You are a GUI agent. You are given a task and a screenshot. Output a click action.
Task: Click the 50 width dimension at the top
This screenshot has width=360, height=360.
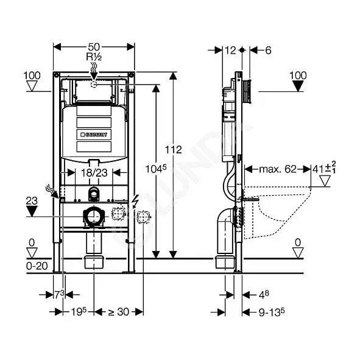pyautogui.click(x=94, y=47)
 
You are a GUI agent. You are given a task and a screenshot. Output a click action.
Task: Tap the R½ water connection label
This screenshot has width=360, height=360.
pyautogui.click(x=94, y=57)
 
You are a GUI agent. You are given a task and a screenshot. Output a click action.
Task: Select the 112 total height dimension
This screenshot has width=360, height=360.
pyautogui.click(x=174, y=150)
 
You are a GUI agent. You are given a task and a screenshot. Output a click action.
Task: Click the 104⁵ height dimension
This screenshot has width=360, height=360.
pyautogui.click(x=156, y=169)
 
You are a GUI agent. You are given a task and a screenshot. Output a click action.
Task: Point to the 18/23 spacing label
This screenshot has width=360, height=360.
pyautogui.click(x=94, y=172)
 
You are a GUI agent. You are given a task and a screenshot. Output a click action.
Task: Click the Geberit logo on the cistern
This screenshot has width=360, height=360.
pyautogui.click(x=94, y=135)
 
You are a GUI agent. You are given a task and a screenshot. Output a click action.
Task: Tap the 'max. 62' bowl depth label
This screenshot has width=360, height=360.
pyautogui.click(x=278, y=169)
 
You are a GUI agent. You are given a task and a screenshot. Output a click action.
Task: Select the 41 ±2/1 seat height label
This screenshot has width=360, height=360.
pyautogui.click(x=324, y=168)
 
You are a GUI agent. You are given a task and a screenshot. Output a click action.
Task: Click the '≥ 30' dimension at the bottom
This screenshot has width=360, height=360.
pyautogui.click(x=118, y=312)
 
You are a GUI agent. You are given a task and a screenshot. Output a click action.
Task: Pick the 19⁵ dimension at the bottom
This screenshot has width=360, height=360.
pyautogui.click(x=79, y=311)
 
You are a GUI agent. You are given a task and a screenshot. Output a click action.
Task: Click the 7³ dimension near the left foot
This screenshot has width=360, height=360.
pyautogui.click(x=60, y=295)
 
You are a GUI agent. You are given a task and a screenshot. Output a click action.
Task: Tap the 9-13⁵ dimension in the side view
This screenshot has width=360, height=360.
pyautogui.click(x=272, y=312)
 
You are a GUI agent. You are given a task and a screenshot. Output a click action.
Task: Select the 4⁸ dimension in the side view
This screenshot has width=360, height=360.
pyautogui.click(x=264, y=295)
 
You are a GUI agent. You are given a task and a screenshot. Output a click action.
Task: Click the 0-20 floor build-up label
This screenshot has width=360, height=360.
pyautogui.click(x=37, y=266)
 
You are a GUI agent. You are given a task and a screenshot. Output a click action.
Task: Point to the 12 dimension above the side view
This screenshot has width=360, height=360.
pyautogui.click(x=230, y=51)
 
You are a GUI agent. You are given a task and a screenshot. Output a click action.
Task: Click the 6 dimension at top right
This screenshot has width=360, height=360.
pyautogui.click(x=268, y=51)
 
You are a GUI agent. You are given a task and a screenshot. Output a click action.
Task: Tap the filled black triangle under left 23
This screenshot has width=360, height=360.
pyautogui.click(x=32, y=211)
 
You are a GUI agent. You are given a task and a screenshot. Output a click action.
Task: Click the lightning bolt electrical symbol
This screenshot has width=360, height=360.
pyautogui.click(x=135, y=202)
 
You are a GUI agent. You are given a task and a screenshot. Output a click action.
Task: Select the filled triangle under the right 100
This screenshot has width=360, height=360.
pyautogui.click(x=298, y=86)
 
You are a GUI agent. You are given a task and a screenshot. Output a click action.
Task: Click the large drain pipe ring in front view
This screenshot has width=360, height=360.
pyautogui.click(x=94, y=216)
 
